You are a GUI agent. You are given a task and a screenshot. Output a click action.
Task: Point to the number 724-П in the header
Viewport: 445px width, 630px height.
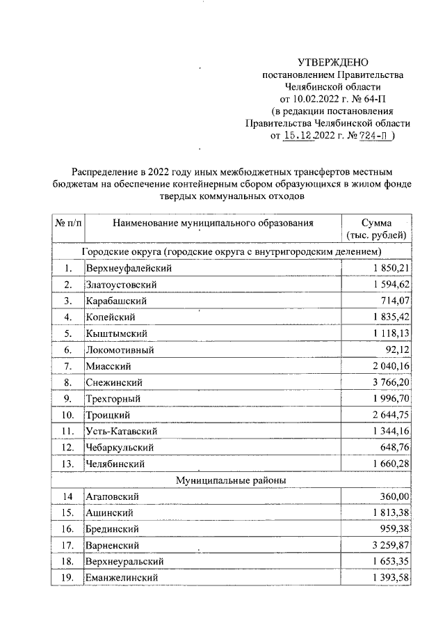(374, 136)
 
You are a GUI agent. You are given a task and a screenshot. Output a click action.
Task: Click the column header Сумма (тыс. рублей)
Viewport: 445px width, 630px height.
(376, 229)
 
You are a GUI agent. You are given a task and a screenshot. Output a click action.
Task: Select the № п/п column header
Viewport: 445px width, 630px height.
(67, 223)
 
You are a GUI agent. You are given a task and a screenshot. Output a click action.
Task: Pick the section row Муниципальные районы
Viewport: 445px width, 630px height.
(231, 480)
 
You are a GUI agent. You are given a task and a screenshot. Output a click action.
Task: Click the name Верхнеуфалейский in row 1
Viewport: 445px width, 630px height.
(129, 268)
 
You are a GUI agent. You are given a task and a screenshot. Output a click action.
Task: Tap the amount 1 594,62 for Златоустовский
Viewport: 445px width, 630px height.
(390, 284)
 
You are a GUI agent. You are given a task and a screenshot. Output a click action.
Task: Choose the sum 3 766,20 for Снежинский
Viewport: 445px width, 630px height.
(390, 382)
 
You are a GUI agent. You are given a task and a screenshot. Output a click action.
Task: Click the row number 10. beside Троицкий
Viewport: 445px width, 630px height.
(67, 415)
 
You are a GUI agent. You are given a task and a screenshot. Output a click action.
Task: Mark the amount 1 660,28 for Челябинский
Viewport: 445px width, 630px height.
(390, 464)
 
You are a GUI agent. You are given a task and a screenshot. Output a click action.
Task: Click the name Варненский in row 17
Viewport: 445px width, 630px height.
(113, 545)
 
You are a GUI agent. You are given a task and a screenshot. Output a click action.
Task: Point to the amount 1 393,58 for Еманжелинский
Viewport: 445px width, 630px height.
(390, 578)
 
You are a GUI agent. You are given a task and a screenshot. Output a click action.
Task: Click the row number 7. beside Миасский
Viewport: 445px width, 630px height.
(67, 366)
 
